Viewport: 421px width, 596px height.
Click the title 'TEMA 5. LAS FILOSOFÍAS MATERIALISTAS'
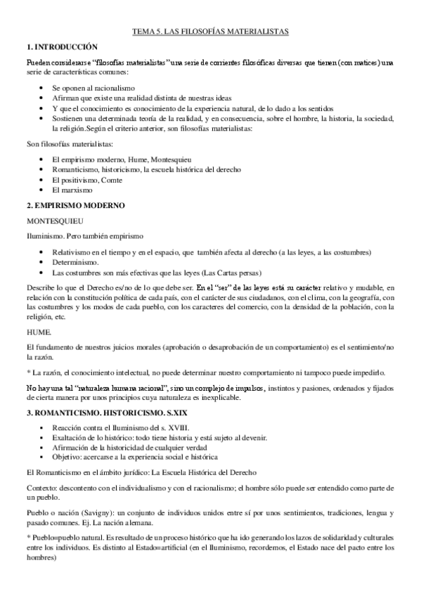211,32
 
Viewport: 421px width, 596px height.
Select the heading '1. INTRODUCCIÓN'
60,46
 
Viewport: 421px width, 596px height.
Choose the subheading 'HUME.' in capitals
39,330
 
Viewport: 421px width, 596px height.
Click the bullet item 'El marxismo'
71,190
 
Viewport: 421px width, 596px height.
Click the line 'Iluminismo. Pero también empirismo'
84,235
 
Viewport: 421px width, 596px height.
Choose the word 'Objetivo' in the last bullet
69,458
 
